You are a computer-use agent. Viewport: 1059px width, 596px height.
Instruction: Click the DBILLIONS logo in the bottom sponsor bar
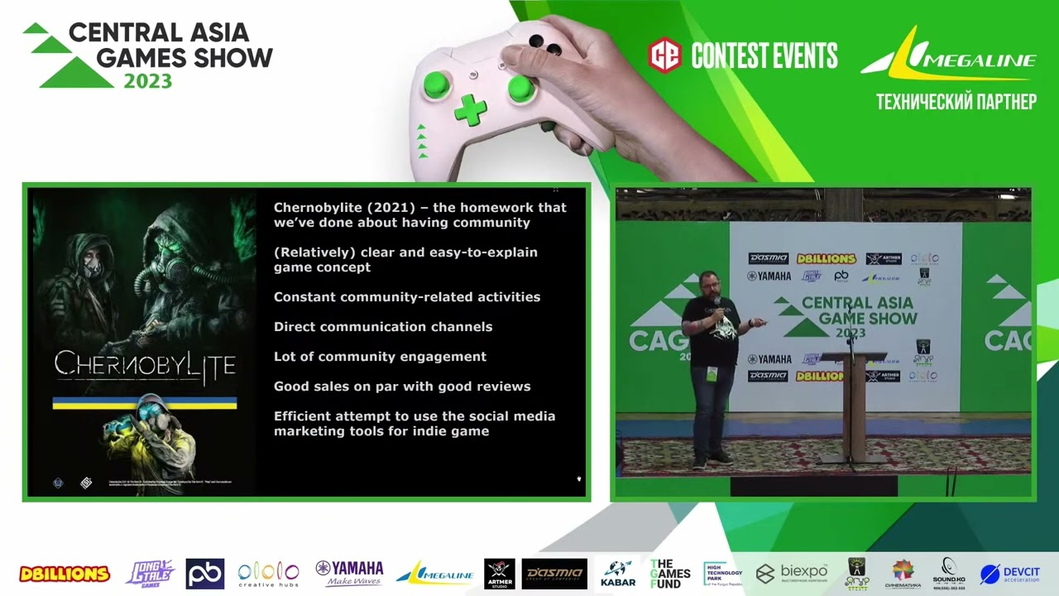point(65,574)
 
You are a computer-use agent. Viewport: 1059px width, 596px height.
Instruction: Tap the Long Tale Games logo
point(150,573)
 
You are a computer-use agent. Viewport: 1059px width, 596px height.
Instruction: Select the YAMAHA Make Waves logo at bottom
point(349,573)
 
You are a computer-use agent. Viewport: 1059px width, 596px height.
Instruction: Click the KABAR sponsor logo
point(618,573)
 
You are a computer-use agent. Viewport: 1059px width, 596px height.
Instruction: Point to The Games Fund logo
point(670,573)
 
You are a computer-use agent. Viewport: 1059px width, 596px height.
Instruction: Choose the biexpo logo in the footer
point(792,573)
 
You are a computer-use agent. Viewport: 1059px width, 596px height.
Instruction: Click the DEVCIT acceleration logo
point(1010,574)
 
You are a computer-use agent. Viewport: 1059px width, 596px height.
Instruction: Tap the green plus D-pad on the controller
point(470,110)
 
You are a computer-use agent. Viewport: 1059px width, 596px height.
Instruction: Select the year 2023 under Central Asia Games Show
point(148,81)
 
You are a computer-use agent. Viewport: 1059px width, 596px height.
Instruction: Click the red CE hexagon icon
point(664,55)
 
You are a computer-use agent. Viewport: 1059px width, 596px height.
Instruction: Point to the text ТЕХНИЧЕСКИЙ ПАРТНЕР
point(956,102)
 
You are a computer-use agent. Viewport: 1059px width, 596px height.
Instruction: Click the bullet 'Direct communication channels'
point(383,327)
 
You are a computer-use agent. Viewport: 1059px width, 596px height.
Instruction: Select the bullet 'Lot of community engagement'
point(380,357)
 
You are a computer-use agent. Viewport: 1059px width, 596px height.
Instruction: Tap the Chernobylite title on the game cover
point(145,364)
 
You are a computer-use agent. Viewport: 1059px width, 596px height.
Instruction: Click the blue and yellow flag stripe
point(145,403)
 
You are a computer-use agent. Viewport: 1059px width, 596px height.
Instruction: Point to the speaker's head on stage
point(709,283)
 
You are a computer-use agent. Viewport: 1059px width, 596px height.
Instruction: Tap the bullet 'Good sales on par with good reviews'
point(402,387)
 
